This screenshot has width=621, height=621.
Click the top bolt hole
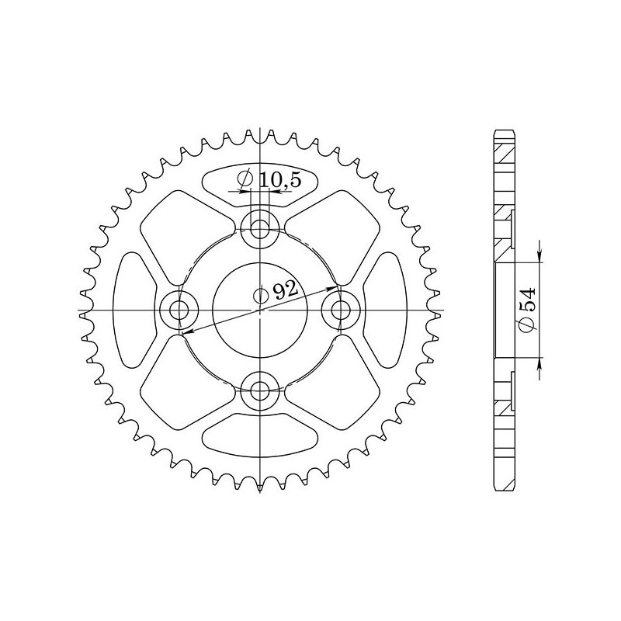pyautogui.click(x=259, y=227)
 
